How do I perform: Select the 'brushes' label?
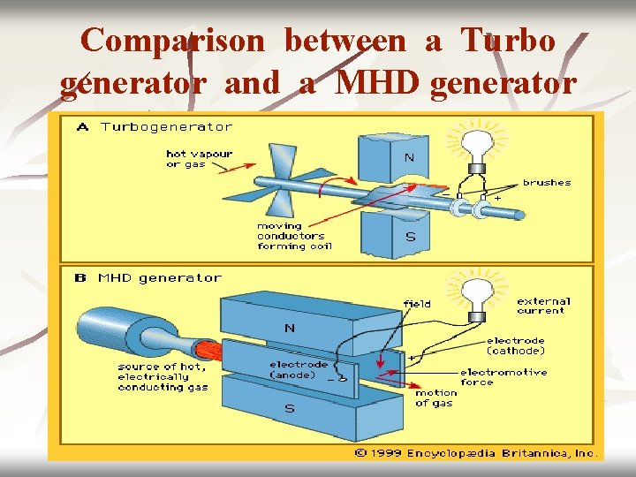547,183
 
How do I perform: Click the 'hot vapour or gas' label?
200,159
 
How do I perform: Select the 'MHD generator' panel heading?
160,277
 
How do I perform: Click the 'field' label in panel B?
417,303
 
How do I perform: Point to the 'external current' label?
543,306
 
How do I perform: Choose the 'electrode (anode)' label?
299,370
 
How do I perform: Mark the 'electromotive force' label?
503,377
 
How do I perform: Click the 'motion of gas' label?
436,398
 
